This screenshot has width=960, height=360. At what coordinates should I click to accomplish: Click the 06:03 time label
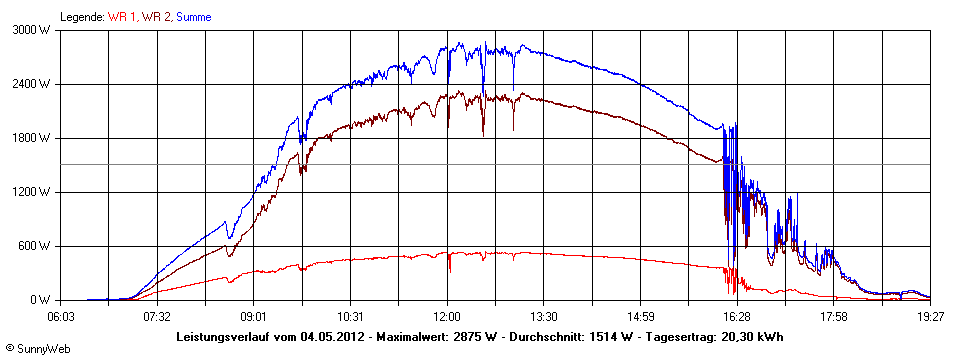pos(62,315)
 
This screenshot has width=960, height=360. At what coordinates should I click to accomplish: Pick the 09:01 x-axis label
pos(254,315)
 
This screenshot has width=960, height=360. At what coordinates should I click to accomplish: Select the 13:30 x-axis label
pos(544,315)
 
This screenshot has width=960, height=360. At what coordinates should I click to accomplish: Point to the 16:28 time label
pos(737,315)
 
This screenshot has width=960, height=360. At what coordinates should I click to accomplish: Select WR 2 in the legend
pos(155,17)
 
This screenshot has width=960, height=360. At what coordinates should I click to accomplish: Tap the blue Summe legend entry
pos(194,17)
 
